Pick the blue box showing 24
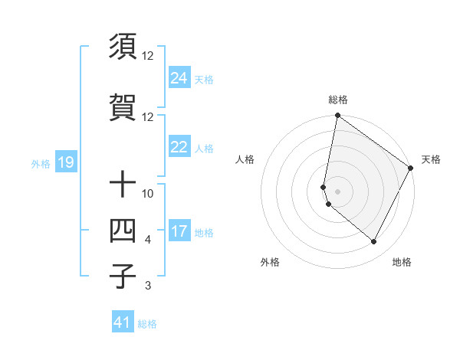[179, 77]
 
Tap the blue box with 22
[179, 148]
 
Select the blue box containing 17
[179, 231]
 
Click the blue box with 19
[65, 162]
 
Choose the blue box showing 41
[123, 322]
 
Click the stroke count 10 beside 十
[148, 194]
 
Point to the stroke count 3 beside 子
[148, 286]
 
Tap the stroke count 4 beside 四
[148, 241]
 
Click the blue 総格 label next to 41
[147, 324]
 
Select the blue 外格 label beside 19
[41, 163]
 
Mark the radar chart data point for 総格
[337, 116]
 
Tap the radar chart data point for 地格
[374, 242]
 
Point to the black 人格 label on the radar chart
[245, 159]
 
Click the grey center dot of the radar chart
[337, 191]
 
